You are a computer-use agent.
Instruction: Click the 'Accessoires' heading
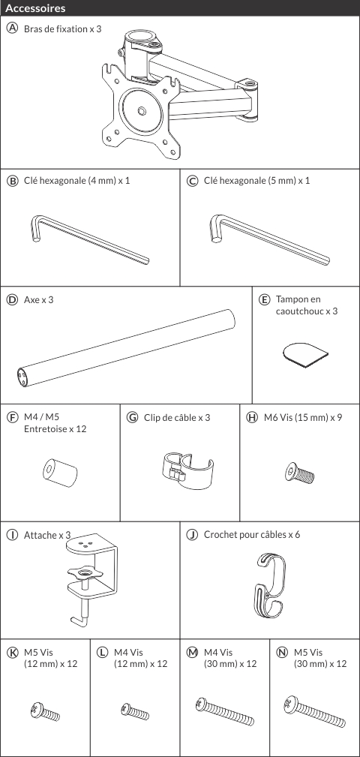35,8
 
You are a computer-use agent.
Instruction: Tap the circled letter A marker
11,29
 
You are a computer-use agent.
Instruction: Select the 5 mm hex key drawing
270,240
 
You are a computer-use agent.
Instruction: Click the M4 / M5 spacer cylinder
60,472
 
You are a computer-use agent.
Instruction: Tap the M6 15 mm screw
300,473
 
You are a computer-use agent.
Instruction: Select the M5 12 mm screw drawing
44,712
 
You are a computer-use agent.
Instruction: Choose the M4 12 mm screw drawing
135,710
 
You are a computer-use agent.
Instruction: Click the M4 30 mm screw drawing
225,711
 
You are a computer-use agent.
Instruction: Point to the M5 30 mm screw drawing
315,711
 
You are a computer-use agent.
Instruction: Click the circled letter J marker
192,534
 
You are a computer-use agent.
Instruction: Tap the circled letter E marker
264,299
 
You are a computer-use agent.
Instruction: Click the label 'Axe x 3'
38,300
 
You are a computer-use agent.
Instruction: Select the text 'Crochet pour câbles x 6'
252,534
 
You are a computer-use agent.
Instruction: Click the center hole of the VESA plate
142,111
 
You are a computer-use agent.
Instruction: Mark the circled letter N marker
282,652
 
